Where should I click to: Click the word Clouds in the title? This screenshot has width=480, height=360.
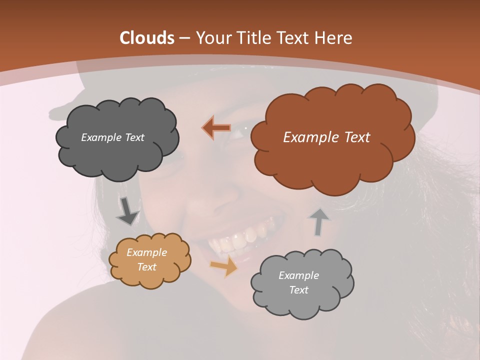tap(147, 38)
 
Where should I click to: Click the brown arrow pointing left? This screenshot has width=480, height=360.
tap(217, 128)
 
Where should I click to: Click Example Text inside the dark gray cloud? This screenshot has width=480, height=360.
tap(113, 137)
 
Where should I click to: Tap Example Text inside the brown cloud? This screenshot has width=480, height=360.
tap(326, 137)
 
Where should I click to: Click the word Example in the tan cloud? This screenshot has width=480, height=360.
tap(146, 252)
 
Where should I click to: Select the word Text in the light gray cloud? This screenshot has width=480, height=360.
tap(299, 290)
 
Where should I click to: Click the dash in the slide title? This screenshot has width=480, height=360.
tap(184, 38)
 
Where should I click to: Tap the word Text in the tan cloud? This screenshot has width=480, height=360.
tap(146, 267)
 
